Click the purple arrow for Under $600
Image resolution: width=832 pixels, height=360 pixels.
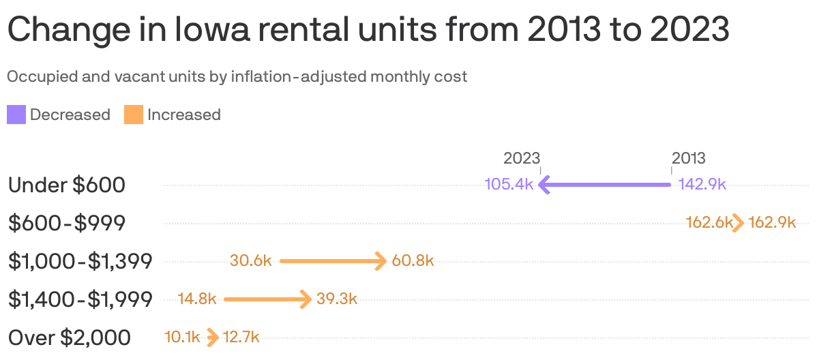pyautogui.click(x=605, y=184)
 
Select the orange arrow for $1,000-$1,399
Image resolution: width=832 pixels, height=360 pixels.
pyautogui.click(x=333, y=260)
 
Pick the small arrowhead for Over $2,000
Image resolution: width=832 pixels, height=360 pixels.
pyautogui.click(x=213, y=337)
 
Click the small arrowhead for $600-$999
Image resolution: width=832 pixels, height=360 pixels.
pyautogui.click(x=739, y=222)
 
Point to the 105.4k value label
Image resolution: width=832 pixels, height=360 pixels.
pyautogui.click(x=509, y=184)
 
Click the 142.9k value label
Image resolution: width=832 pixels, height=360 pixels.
pyautogui.click(x=702, y=184)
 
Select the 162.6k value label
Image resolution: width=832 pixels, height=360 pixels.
pyautogui.click(x=709, y=222)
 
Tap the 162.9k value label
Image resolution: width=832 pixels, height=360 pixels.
pyautogui.click(x=772, y=222)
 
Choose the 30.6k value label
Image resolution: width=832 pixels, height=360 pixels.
pyautogui.click(x=251, y=260)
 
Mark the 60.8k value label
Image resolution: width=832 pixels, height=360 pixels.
pyautogui.click(x=413, y=260)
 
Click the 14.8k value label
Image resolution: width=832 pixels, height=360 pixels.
pyautogui.click(x=197, y=299)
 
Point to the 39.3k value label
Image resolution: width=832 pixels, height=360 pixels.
pyautogui.click(x=337, y=299)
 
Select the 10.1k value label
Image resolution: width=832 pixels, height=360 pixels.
pyautogui.click(x=182, y=337)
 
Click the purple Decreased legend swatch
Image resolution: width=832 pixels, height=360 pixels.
pyautogui.click(x=16, y=115)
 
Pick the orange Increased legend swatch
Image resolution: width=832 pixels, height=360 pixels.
pyautogui.click(x=134, y=115)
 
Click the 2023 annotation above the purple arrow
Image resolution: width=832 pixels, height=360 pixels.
pyautogui.click(x=522, y=158)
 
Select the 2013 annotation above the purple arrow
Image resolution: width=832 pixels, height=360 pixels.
pyautogui.click(x=689, y=158)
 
